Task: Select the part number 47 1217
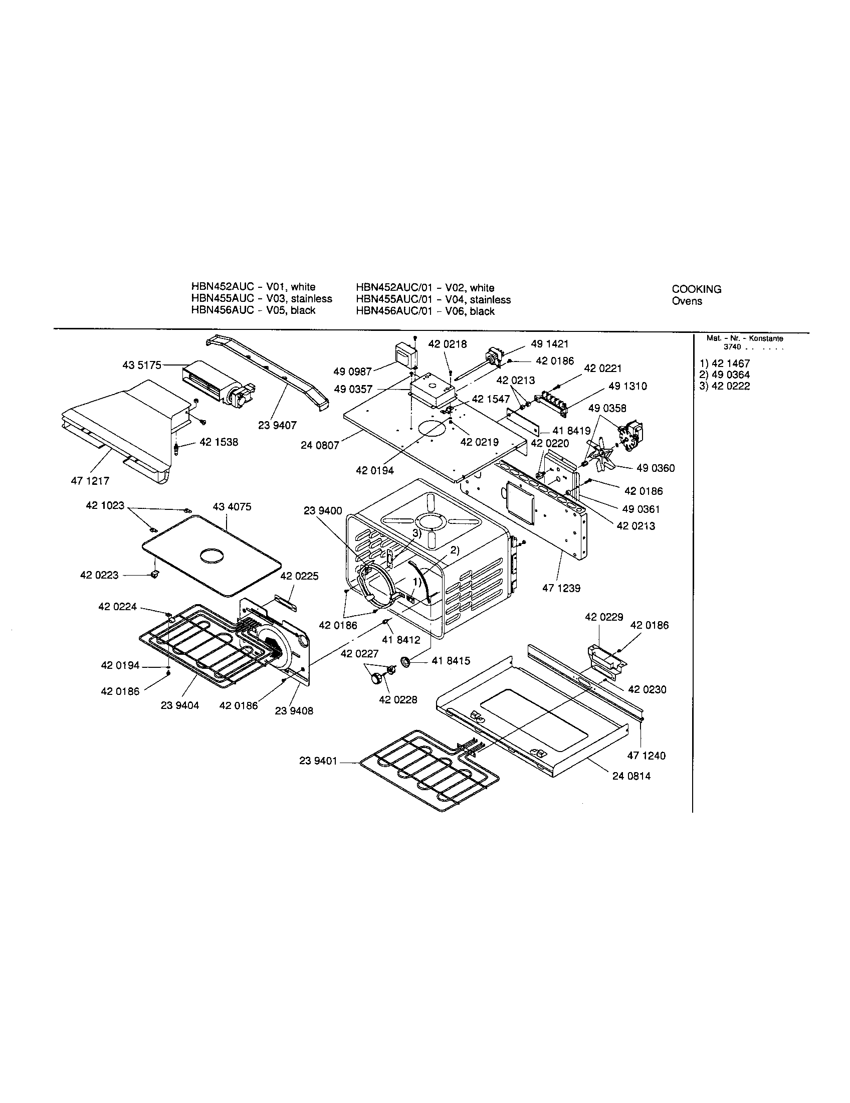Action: pyautogui.click(x=90, y=481)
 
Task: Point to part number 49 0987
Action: pyautogui.click(x=352, y=372)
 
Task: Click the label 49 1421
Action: pyautogui.click(x=550, y=344)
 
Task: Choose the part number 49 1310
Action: pyautogui.click(x=627, y=386)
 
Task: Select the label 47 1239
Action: pyautogui.click(x=561, y=588)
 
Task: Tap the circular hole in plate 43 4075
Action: pyautogui.click(x=215, y=556)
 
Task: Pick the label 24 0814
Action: pyautogui.click(x=631, y=790)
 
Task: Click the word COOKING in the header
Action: pyautogui.click(x=696, y=289)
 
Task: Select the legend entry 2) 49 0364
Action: pyautogui.click(x=724, y=375)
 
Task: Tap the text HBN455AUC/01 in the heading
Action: pyautogui.click(x=394, y=299)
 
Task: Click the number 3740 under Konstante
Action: pyautogui.click(x=732, y=347)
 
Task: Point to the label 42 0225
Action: pyautogui.click(x=299, y=576)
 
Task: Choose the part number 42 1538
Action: pyautogui.click(x=219, y=442)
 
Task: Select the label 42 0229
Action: pyautogui.click(x=604, y=617)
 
